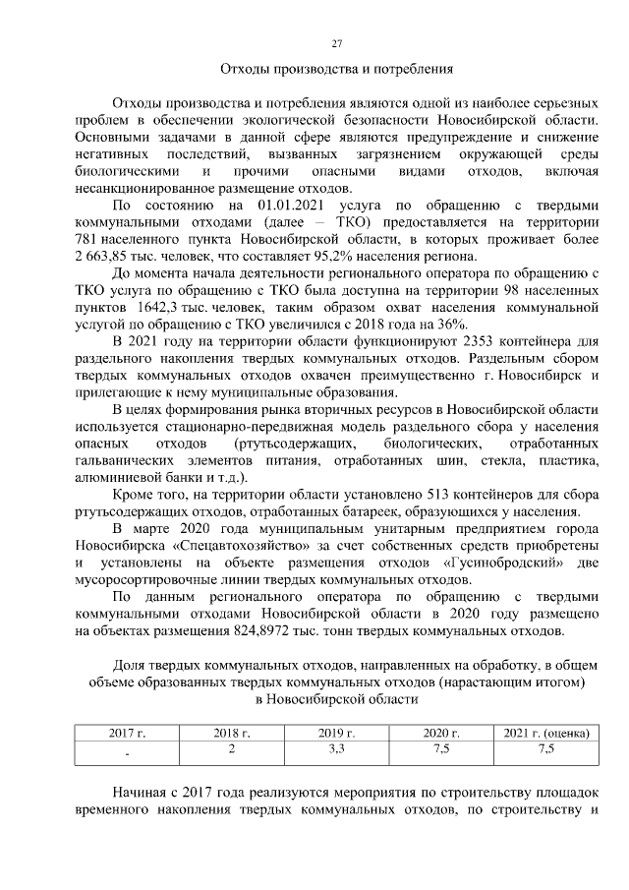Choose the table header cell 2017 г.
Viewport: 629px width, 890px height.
pos(127,733)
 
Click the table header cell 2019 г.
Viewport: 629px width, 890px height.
pos(336,733)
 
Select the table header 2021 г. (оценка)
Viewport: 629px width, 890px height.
pos(545,733)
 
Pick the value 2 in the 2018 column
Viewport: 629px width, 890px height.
pos(232,749)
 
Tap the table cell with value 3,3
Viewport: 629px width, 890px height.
pos(336,749)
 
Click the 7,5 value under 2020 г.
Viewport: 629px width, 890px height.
pos(440,749)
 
